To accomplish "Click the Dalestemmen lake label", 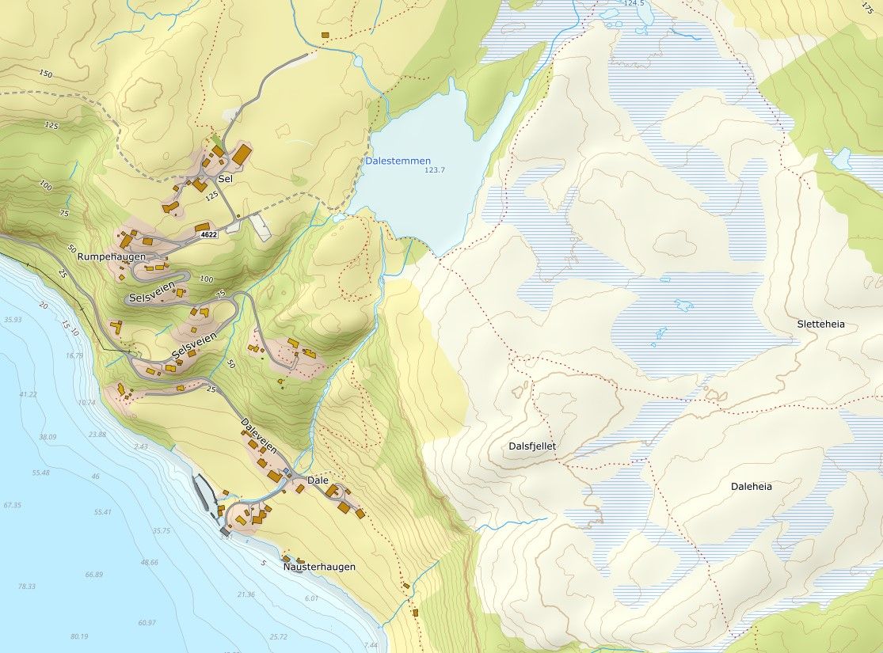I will pos(398,161).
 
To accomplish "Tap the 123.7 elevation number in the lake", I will pos(435,170).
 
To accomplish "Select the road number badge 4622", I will pos(208,234).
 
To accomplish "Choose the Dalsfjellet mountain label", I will pos(532,446).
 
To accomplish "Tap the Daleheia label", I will pos(751,487).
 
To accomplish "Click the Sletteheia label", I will pos(821,324).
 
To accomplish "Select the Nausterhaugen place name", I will pos(318,567).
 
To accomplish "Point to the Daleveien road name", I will pos(259,435).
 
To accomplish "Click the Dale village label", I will pos(317,480).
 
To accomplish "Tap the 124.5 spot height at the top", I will pos(634,4).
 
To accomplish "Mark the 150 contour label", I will pos(44,74).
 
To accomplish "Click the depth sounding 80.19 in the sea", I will pos(78,636).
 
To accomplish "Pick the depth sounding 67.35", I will pos(12,505).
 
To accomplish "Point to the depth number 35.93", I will pos(12,320).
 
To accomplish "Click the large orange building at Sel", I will pos(241,153).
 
